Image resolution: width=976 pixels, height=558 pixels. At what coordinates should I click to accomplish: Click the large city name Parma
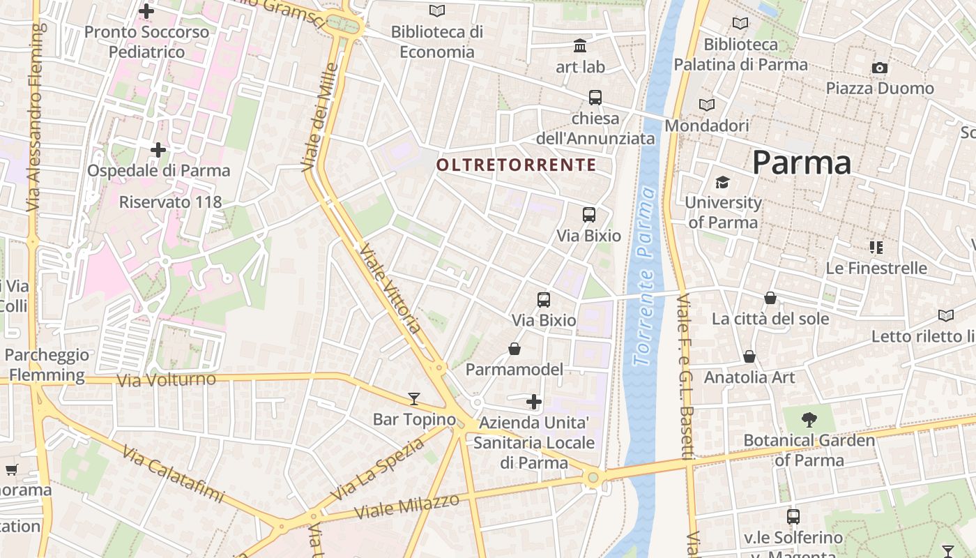[802, 163]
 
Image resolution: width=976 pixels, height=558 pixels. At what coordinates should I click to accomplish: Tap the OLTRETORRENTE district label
[516, 165]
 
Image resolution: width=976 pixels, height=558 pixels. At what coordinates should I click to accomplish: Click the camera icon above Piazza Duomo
[880, 68]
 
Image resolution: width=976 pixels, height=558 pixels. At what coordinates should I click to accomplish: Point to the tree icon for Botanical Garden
[809, 420]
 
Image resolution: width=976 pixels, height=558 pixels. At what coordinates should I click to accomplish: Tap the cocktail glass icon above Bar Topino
[414, 399]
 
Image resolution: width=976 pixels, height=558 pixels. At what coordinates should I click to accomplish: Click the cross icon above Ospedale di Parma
[158, 149]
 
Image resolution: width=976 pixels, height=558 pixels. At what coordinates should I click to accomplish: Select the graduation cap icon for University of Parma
[722, 182]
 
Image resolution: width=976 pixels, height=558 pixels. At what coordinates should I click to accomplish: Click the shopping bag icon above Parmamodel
[514, 349]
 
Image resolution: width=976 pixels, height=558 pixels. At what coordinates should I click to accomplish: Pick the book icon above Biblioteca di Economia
[437, 10]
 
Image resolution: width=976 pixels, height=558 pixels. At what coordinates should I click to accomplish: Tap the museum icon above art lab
[580, 46]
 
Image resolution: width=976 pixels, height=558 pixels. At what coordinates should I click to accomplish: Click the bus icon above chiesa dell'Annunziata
[595, 98]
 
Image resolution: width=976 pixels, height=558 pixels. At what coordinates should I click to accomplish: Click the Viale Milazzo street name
[407, 506]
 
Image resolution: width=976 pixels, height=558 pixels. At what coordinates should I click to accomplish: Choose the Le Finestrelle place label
[876, 268]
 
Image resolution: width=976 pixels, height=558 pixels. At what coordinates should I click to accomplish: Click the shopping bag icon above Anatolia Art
[749, 357]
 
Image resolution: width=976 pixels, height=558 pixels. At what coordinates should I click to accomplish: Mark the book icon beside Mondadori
[707, 105]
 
